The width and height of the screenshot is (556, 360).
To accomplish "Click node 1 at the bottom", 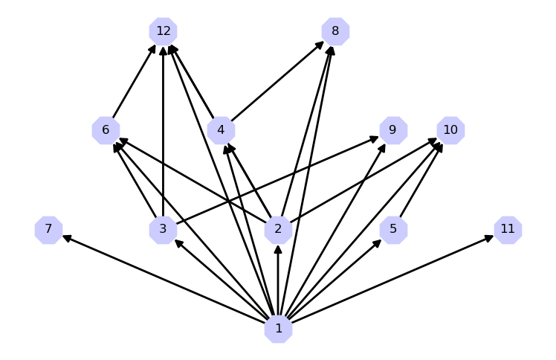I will click(x=278, y=329).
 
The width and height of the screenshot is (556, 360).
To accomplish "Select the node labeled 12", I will click(x=163, y=31).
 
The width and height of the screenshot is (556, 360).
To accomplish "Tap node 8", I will click(x=335, y=31).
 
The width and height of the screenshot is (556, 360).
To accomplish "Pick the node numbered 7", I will click(x=48, y=229).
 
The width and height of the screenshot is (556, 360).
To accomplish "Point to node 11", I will click(x=508, y=229).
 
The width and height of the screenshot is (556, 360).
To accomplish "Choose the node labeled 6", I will click(x=106, y=130).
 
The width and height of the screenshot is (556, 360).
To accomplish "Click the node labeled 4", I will click(x=221, y=130).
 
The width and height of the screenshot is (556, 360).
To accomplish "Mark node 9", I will click(x=393, y=130).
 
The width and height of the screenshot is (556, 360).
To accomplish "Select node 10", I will click(x=450, y=130).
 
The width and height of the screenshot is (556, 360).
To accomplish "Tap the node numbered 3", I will click(x=163, y=229).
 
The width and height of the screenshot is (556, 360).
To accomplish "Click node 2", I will click(x=278, y=229).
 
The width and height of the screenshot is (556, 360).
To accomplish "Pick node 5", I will click(x=393, y=229).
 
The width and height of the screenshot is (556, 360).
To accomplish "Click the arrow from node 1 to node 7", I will click(x=164, y=279).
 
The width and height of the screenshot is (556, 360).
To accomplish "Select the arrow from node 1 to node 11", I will click(x=392, y=279).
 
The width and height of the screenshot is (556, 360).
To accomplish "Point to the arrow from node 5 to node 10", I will click(x=421, y=180).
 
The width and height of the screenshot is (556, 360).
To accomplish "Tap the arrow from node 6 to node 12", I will click(x=134, y=81).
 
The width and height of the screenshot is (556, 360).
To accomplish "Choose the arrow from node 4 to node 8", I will click(x=278, y=81).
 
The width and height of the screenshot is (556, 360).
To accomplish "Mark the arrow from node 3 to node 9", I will click(x=278, y=180).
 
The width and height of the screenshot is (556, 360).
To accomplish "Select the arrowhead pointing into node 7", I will click(x=66, y=237).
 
